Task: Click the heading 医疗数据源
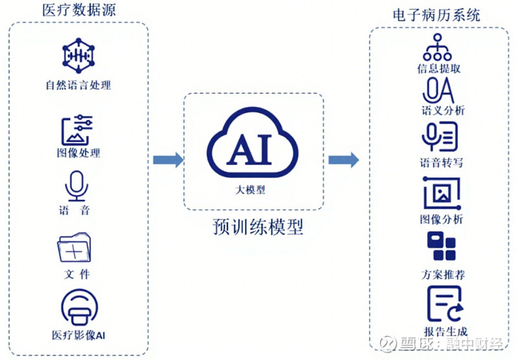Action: click(x=79, y=10)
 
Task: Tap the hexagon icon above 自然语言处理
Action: click(x=78, y=56)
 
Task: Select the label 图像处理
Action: click(x=78, y=153)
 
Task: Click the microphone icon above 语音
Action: click(x=76, y=186)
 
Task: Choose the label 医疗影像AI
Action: click(x=78, y=335)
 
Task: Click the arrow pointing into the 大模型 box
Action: click(x=168, y=160)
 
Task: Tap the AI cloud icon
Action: click(x=253, y=142)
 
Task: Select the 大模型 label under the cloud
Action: click(x=250, y=190)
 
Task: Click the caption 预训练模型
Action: click(x=258, y=227)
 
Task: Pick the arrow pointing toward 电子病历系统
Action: click(x=344, y=160)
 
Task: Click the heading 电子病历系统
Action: click(x=436, y=15)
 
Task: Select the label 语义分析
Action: click(x=444, y=110)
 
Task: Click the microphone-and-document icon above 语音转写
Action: click(x=440, y=137)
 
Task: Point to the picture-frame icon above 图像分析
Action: click(x=442, y=194)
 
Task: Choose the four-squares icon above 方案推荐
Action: click(x=442, y=246)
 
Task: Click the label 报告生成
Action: click(x=445, y=332)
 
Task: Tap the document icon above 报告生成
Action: click(x=445, y=304)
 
